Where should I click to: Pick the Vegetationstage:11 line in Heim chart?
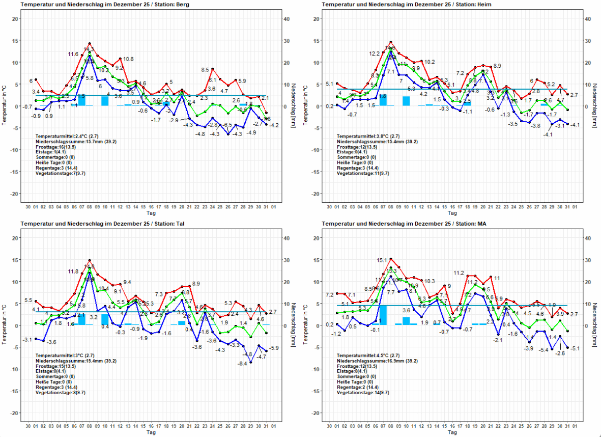point(362,173)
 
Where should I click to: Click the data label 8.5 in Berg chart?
point(206,70)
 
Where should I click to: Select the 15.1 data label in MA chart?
point(382,260)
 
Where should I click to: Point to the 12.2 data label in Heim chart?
point(375,53)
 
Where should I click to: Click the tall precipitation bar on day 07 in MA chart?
point(383,315)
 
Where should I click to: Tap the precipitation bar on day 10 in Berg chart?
point(105,101)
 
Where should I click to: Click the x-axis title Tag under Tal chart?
point(151,432)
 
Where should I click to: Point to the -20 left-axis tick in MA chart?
point(316,413)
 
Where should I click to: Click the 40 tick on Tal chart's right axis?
point(288,238)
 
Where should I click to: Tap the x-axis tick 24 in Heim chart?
point(513,207)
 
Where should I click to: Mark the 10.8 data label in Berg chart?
point(128,59)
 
